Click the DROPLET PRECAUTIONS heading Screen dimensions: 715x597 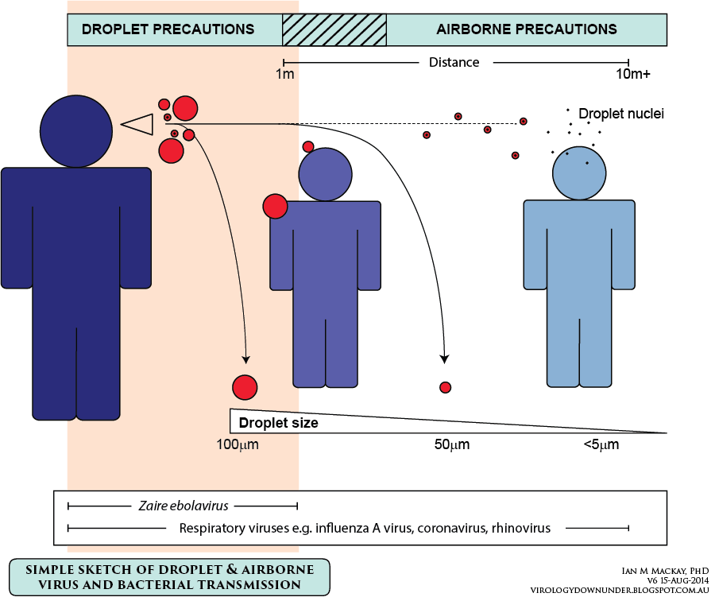pyautogui.click(x=168, y=29)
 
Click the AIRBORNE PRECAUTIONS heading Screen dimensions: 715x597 pyautogui.click(x=527, y=29)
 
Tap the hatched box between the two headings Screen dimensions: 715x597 pyautogui.click(x=334, y=29)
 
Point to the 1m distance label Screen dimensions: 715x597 pyautogui.click(x=285, y=73)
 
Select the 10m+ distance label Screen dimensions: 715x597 pyautogui.click(x=633, y=73)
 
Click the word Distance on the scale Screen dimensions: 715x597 pyautogui.click(x=454, y=62)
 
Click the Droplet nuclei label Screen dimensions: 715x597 pyautogui.click(x=621, y=114)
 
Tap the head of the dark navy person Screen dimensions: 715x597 pyautogui.click(x=76, y=131)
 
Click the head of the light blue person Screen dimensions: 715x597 pyautogui.click(x=579, y=173)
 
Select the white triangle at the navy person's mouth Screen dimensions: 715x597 pyautogui.click(x=137, y=124)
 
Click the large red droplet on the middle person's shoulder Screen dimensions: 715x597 pyautogui.click(x=276, y=207)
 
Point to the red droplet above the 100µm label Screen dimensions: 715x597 pyautogui.click(x=245, y=387)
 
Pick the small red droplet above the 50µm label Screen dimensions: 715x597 pyautogui.click(x=446, y=387)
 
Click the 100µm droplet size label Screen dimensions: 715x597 pyautogui.click(x=237, y=444)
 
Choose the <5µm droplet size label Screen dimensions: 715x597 pyautogui.click(x=601, y=444)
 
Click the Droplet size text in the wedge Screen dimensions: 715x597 pyautogui.click(x=279, y=423)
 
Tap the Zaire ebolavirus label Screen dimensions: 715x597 pyautogui.click(x=184, y=506)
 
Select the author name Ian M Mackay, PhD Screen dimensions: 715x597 pyautogui.click(x=665, y=571)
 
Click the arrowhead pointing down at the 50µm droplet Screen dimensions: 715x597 pyautogui.click(x=445, y=359)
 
